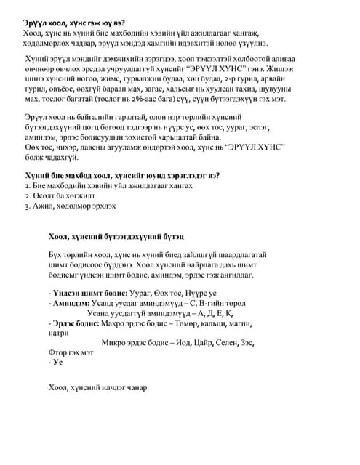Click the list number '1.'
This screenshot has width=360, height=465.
[28, 186]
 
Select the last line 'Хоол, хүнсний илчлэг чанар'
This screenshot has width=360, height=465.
[97, 387]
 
